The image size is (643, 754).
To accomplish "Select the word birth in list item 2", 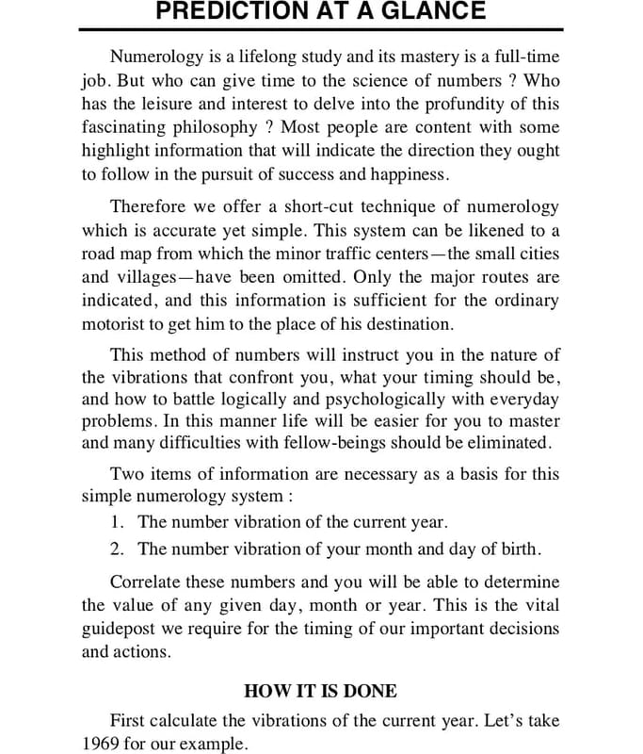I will [516, 549].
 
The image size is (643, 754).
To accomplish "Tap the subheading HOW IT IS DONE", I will [320, 691].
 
